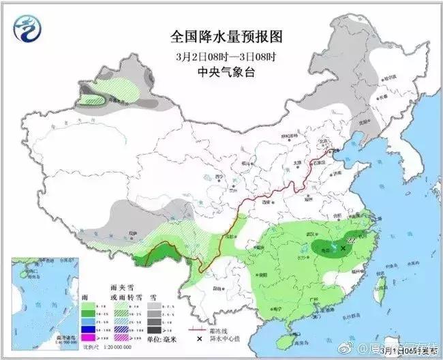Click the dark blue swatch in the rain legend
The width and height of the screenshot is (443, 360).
(x=89, y=329)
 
